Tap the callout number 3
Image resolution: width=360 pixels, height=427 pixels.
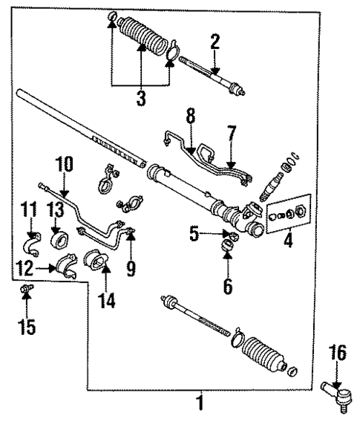coord(141,97)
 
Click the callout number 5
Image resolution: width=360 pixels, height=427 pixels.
coord(194,235)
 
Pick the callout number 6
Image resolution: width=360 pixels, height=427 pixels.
coord(227,283)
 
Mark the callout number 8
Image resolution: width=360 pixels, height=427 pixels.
coord(192,117)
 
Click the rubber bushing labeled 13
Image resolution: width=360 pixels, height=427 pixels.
coord(57,241)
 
